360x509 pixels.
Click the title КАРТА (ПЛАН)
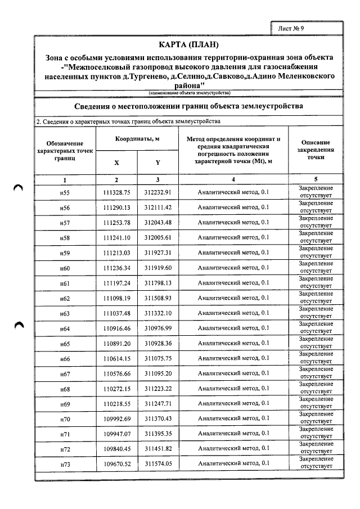click(x=189, y=44)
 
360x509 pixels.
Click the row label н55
click(x=65, y=192)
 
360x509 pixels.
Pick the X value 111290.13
click(x=116, y=208)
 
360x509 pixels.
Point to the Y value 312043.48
click(x=157, y=223)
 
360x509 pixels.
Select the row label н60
click(x=65, y=268)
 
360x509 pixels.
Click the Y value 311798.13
click(x=157, y=283)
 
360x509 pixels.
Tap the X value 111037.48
click(x=116, y=313)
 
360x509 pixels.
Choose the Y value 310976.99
click(x=157, y=328)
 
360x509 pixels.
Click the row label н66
click(x=65, y=359)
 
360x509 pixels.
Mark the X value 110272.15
click(x=116, y=389)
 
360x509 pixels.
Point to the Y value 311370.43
click(x=157, y=419)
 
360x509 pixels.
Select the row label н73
click(x=65, y=465)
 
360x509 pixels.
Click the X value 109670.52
click(x=116, y=464)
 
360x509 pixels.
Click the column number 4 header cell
click(x=233, y=179)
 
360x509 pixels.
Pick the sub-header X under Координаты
click(x=116, y=162)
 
